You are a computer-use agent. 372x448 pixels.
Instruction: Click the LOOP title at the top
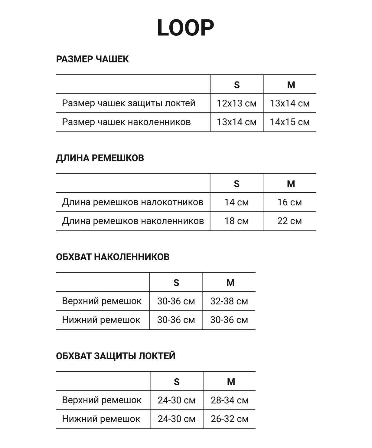pos(186,28)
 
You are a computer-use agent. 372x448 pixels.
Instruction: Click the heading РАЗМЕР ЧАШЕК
pos(92,59)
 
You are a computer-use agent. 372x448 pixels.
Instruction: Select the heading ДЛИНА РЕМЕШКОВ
pos(100,158)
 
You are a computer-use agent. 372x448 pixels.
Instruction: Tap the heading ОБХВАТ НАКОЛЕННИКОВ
pos(113,257)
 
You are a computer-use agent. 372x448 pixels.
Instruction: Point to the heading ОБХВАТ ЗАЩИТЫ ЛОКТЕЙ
pos(116,356)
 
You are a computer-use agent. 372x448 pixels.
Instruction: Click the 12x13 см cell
pos(237,103)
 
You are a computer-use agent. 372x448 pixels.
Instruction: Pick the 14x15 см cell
pos(289,122)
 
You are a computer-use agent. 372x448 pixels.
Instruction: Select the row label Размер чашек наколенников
pos(126,122)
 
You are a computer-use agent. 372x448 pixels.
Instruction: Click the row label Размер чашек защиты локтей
pos(129,103)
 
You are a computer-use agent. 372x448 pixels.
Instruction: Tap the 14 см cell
pos(237,202)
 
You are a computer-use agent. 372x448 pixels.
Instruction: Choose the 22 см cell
pos(289,221)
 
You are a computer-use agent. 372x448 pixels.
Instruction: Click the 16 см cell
pos(289,202)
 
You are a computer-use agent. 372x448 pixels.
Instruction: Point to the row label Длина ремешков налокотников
pos(132,202)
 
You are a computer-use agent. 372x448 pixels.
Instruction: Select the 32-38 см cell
pos(229,301)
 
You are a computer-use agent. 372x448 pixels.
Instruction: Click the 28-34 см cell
pos(230,400)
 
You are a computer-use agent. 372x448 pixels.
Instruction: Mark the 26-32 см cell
pos(230,419)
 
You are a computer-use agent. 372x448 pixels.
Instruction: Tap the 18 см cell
pos(237,221)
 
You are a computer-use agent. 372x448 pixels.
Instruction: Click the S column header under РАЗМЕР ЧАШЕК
pos(237,85)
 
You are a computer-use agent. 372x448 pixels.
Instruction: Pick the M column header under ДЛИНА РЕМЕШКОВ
pos(291,184)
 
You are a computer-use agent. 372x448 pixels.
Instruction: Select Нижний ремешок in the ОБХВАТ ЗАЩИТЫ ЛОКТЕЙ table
pos(101,419)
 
